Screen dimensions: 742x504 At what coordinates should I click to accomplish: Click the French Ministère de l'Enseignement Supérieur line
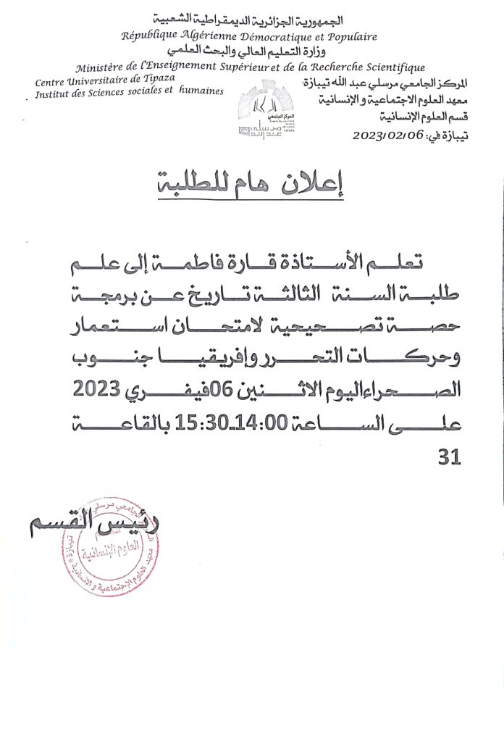point(250,67)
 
